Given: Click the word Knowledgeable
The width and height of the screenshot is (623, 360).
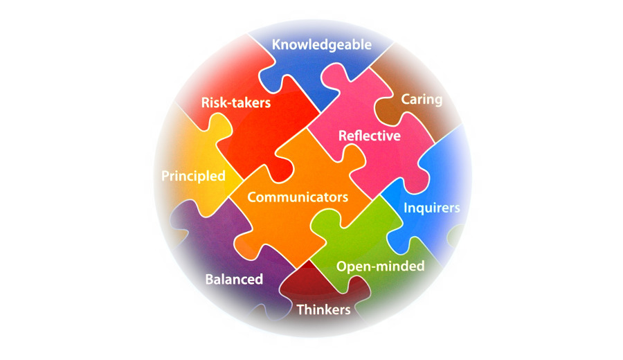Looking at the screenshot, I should [322, 45].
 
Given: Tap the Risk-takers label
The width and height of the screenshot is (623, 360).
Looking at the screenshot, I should [236, 102].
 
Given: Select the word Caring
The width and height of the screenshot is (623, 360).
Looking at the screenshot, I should [422, 100].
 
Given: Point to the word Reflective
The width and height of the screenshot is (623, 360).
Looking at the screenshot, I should [369, 136].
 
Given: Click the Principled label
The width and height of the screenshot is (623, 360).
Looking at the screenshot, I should [194, 176].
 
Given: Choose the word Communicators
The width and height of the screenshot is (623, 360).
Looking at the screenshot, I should [298, 197].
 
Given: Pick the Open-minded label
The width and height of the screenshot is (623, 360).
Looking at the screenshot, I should [380, 267].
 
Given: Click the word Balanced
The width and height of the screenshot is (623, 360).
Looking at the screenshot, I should [234, 280].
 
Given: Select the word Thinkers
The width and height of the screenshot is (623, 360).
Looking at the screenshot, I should [323, 309].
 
